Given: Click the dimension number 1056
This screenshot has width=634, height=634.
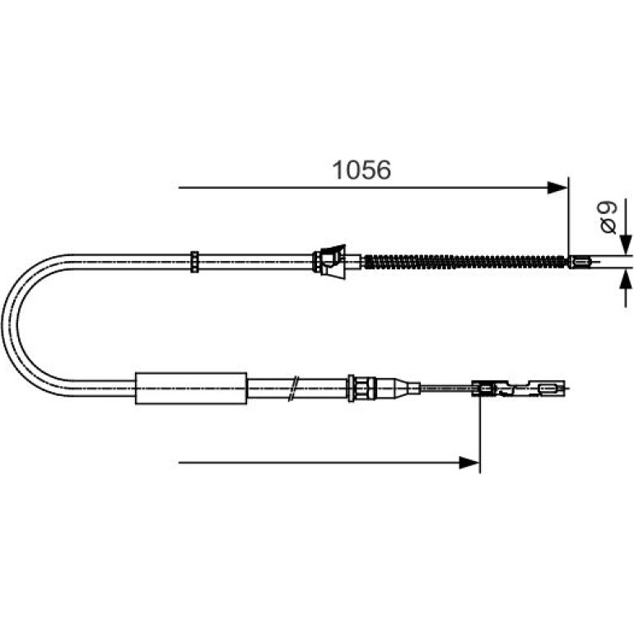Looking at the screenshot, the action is (361, 170).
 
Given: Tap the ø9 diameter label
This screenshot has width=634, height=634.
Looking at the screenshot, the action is (608, 217).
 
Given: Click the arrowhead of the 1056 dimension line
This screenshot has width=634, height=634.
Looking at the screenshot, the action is (557, 188).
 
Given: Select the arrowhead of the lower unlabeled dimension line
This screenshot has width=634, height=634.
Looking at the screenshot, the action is (469, 462).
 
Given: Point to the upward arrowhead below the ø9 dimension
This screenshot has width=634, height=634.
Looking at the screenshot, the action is (626, 279).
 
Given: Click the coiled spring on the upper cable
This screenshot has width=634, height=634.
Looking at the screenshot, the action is (465, 262).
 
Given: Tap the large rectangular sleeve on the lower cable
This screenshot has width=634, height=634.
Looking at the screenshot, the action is (191, 388).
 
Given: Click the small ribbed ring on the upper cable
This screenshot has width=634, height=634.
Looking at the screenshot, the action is (194, 262).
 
